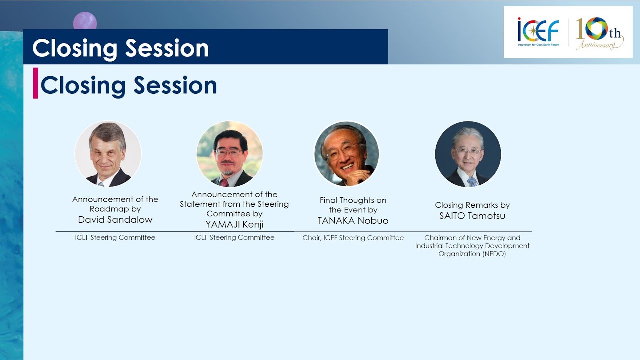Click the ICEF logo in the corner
pyautogui.click(x=538, y=32)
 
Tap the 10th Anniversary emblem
pyautogui.click(x=599, y=33)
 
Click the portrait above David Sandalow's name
pyautogui.click(x=108, y=154)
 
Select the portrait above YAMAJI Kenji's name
pyautogui.click(x=229, y=154)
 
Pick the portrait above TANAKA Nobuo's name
pyautogui.click(x=347, y=154)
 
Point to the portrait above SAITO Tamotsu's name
pyautogui.click(x=468, y=154)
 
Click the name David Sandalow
pyautogui.click(x=115, y=219)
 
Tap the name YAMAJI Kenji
pyautogui.click(x=234, y=224)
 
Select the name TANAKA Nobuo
pyautogui.click(x=353, y=220)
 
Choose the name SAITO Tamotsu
pyautogui.click(x=472, y=215)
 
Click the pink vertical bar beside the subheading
pyautogui.click(x=35, y=83)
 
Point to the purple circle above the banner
pyautogui.click(x=85, y=21)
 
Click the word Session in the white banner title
pyautogui.click(x=167, y=48)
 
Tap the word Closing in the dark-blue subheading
pyautogui.click(x=83, y=85)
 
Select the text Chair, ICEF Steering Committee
pyautogui.click(x=353, y=238)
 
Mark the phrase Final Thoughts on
pyautogui.click(x=353, y=200)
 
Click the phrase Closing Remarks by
pyautogui.click(x=472, y=205)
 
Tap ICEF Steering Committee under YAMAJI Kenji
pyautogui.click(x=234, y=237)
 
